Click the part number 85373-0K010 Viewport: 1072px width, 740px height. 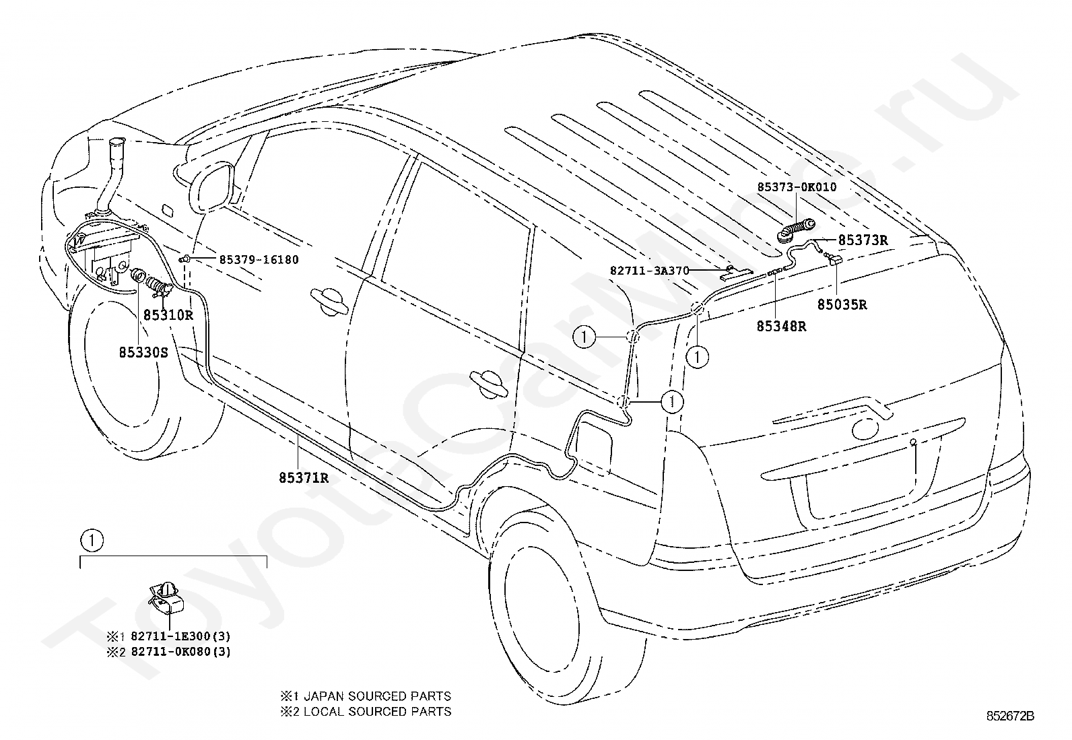pyautogui.click(x=797, y=187)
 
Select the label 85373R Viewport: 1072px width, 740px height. pyautogui.click(x=863, y=240)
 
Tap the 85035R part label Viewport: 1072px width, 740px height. pyautogui.click(x=842, y=304)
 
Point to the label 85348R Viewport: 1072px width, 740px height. pyautogui.click(x=781, y=326)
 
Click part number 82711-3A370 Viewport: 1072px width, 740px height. pyautogui.click(x=649, y=271)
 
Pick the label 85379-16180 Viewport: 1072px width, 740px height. pyautogui.click(x=259, y=259)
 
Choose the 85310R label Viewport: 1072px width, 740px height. pyautogui.click(x=168, y=315)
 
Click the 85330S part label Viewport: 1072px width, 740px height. pyautogui.click(x=143, y=352)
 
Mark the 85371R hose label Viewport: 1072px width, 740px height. pyautogui.click(x=304, y=477)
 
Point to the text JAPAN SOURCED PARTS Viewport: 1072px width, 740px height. pyautogui.click(x=378, y=696)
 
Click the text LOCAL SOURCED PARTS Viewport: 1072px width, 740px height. pyautogui.click(x=378, y=711)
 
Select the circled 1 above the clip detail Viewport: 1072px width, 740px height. pyautogui.click(x=92, y=541)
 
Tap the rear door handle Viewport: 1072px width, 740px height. pyautogui.click(x=488, y=384)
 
